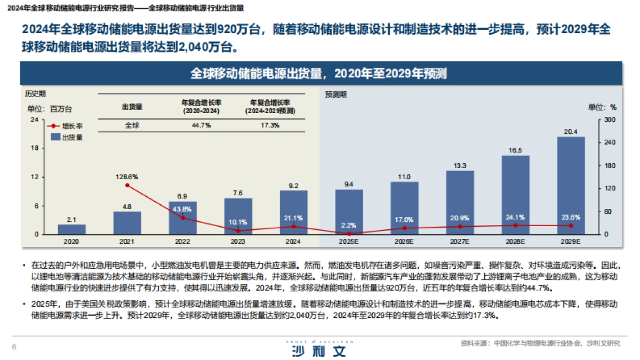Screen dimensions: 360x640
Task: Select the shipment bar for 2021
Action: [x=127, y=223]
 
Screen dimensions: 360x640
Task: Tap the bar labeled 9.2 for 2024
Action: [x=293, y=212]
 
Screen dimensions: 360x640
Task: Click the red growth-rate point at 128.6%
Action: [x=127, y=185]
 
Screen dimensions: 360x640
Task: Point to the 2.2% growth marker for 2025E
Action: [x=349, y=234]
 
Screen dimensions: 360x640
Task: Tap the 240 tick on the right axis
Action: [x=610, y=142]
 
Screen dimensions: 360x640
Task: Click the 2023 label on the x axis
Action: [x=238, y=242]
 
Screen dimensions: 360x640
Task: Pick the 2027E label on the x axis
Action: [x=460, y=242]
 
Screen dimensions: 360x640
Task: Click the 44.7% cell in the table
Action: [x=201, y=125]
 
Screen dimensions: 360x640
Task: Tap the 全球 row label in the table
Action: [x=132, y=125]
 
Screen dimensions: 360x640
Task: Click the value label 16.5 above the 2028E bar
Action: [x=515, y=150]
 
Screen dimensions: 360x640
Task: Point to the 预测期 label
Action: [x=335, y=94]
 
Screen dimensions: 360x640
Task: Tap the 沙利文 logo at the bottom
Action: [x=319, y=350]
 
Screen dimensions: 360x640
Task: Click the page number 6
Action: [x=14, y=347]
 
